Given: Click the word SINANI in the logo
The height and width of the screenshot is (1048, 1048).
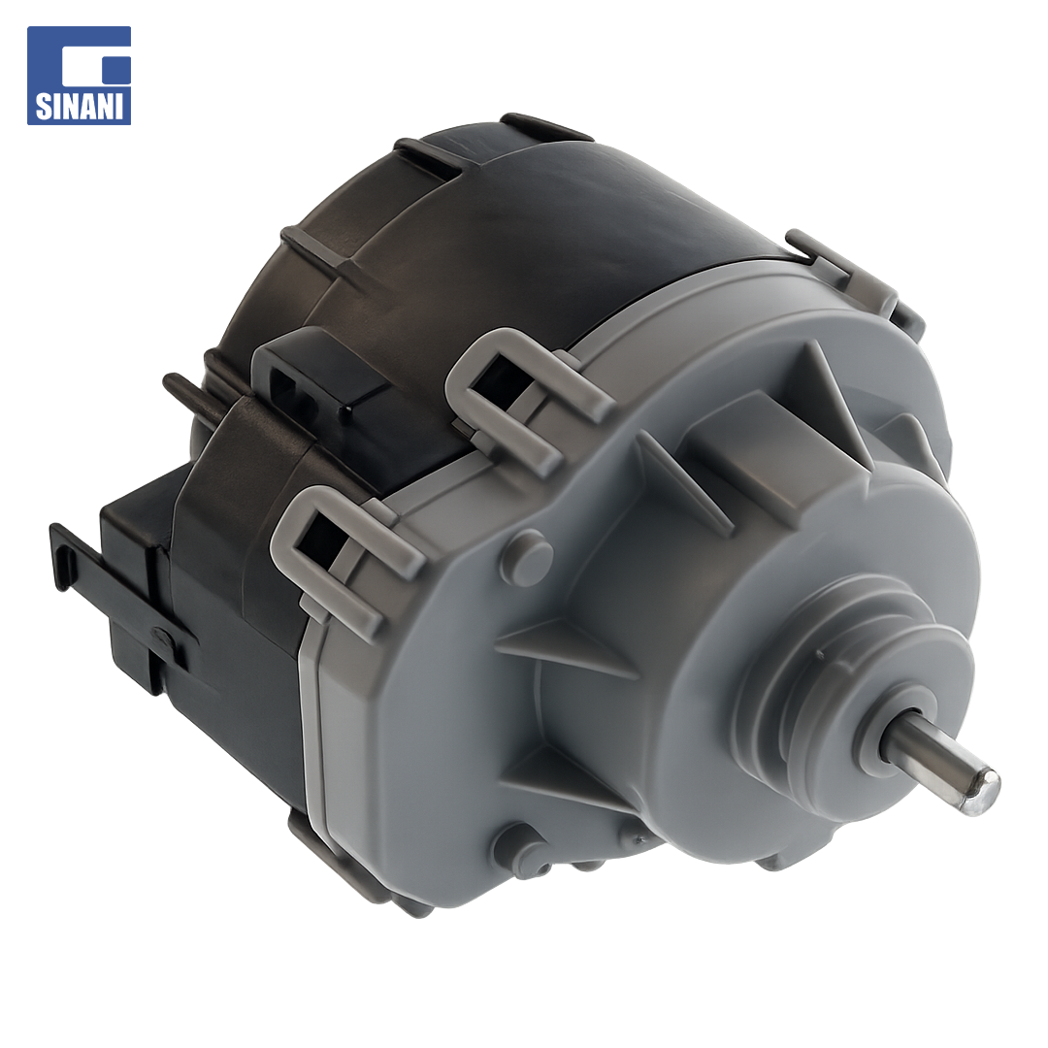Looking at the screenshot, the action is [80, 107].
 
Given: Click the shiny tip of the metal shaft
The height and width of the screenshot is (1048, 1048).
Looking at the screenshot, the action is [982, 792].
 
